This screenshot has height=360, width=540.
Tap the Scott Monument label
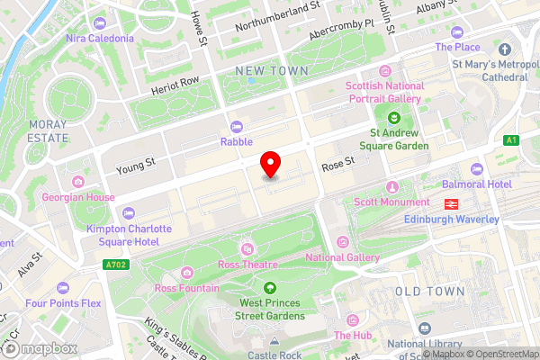click(391, 202)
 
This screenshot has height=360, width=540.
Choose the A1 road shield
click(511, 140)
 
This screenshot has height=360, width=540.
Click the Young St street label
click(136, 165)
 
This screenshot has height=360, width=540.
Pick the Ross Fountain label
click(186, 288)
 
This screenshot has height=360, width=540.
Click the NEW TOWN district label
click(270, 70)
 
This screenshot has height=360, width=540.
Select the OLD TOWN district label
click(430, 292)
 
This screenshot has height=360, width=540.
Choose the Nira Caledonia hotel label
click(99, 39)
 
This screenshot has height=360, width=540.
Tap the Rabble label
click(237, 141)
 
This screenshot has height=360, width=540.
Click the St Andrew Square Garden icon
click(392, 117)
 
